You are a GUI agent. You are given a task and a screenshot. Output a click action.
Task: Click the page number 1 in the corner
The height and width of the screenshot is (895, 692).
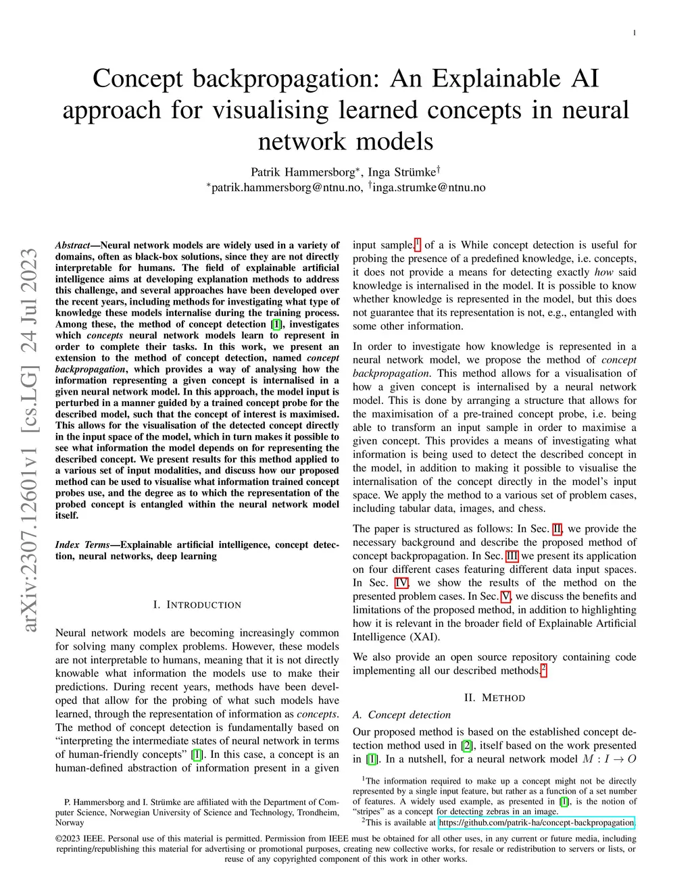pyautogui.click(x=634, y=33)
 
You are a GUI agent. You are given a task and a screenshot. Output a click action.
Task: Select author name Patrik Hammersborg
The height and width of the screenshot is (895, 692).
pyautogui.click(x=302, y=172)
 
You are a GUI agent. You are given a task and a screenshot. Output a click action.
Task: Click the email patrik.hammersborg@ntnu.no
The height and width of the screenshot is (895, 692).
pyautogui.click(x=287, y=188)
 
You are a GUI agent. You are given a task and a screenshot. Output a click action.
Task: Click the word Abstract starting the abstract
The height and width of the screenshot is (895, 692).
pyautogui.click(x=72, y=245)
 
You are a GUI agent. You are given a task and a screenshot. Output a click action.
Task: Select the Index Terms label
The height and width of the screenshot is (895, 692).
pyautogui.click(x=82, y=544)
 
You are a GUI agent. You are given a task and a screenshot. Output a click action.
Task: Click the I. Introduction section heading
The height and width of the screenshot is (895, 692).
pyautogui.click(x=197, y=605)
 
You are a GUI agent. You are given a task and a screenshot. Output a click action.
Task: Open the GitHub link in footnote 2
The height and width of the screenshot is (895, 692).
pyautogui.click(x=536, y=823)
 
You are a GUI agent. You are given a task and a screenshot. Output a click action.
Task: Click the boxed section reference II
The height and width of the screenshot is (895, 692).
pyautogui.click(x=557, y=529)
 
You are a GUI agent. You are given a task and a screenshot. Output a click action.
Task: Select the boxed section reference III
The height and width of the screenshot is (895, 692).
pyautogui.click(x=512, y=556)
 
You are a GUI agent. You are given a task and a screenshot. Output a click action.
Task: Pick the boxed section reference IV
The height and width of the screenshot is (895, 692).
pyautogui.click(x=401, y=583)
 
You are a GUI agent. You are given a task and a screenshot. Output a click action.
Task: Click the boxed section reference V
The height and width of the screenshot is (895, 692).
pyautogui.click(x=505, y=596)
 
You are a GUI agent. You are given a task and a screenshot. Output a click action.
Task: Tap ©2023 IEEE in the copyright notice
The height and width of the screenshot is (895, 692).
pyautogui.click(x=80, y=839)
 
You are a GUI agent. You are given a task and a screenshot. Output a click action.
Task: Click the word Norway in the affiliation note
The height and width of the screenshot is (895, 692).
pyautogui.click(x=70, y=823)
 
